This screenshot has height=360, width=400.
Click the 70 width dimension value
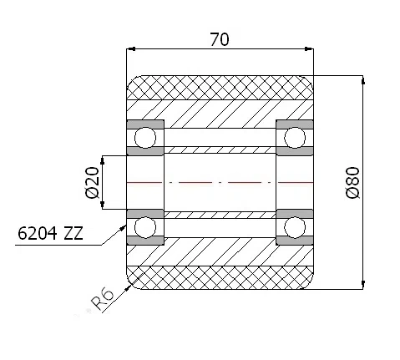pos(220,39)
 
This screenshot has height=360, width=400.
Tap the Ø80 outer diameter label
pos(352,183)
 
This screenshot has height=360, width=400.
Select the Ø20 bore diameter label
pos(93,183)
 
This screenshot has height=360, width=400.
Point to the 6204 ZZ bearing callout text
pos(50,233)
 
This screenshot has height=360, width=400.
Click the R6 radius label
pos(103,299)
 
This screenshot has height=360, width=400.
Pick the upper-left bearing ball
pos(145,138)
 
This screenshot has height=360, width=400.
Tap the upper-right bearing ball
pos(295,138)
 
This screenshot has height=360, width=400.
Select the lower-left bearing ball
pos(145,227)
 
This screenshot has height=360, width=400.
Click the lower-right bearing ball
pos(295,227)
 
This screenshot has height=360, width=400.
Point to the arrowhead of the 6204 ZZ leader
pos(124,227)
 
